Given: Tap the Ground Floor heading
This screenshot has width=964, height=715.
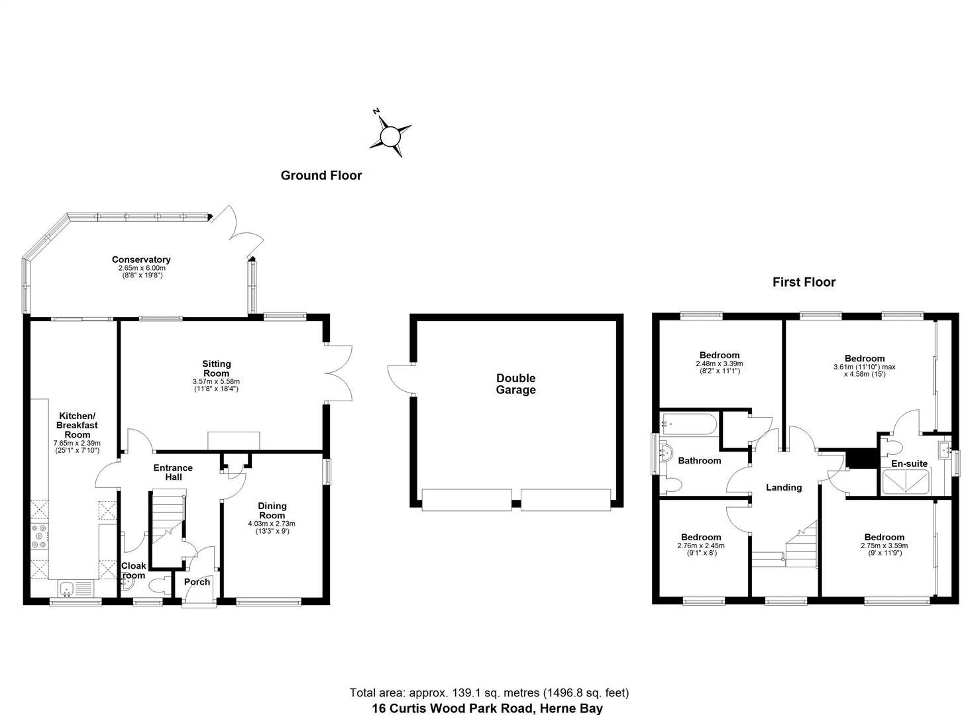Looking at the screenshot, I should tap(321, 175).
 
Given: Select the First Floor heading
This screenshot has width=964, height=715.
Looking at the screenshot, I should tap(804, 282).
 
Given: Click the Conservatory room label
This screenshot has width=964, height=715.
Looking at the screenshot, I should tap(141, 260).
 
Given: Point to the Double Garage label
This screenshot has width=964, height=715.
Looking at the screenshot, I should tap(515, 384).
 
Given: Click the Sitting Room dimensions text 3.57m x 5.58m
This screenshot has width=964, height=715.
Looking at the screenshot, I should tap(216, 382).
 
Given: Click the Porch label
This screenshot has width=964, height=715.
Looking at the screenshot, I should tap(197, 582).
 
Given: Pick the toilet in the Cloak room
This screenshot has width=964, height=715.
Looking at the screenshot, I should tap(157, 586).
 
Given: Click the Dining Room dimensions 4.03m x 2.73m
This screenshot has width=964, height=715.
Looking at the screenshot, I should tap(272, 524).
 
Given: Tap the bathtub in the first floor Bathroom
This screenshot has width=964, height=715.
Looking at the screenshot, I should tap(688, 424).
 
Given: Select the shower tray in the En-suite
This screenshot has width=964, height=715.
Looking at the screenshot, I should tap(908, 483).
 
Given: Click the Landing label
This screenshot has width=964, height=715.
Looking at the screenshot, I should tap(784, 487).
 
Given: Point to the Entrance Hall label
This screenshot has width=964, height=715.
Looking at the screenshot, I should tap(173, 472).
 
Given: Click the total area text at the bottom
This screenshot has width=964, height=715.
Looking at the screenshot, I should tap(489, 693).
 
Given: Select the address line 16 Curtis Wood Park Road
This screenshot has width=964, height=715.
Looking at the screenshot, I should tap(487, 708).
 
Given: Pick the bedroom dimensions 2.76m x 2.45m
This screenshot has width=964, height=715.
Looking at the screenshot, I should tap(700, 546).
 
